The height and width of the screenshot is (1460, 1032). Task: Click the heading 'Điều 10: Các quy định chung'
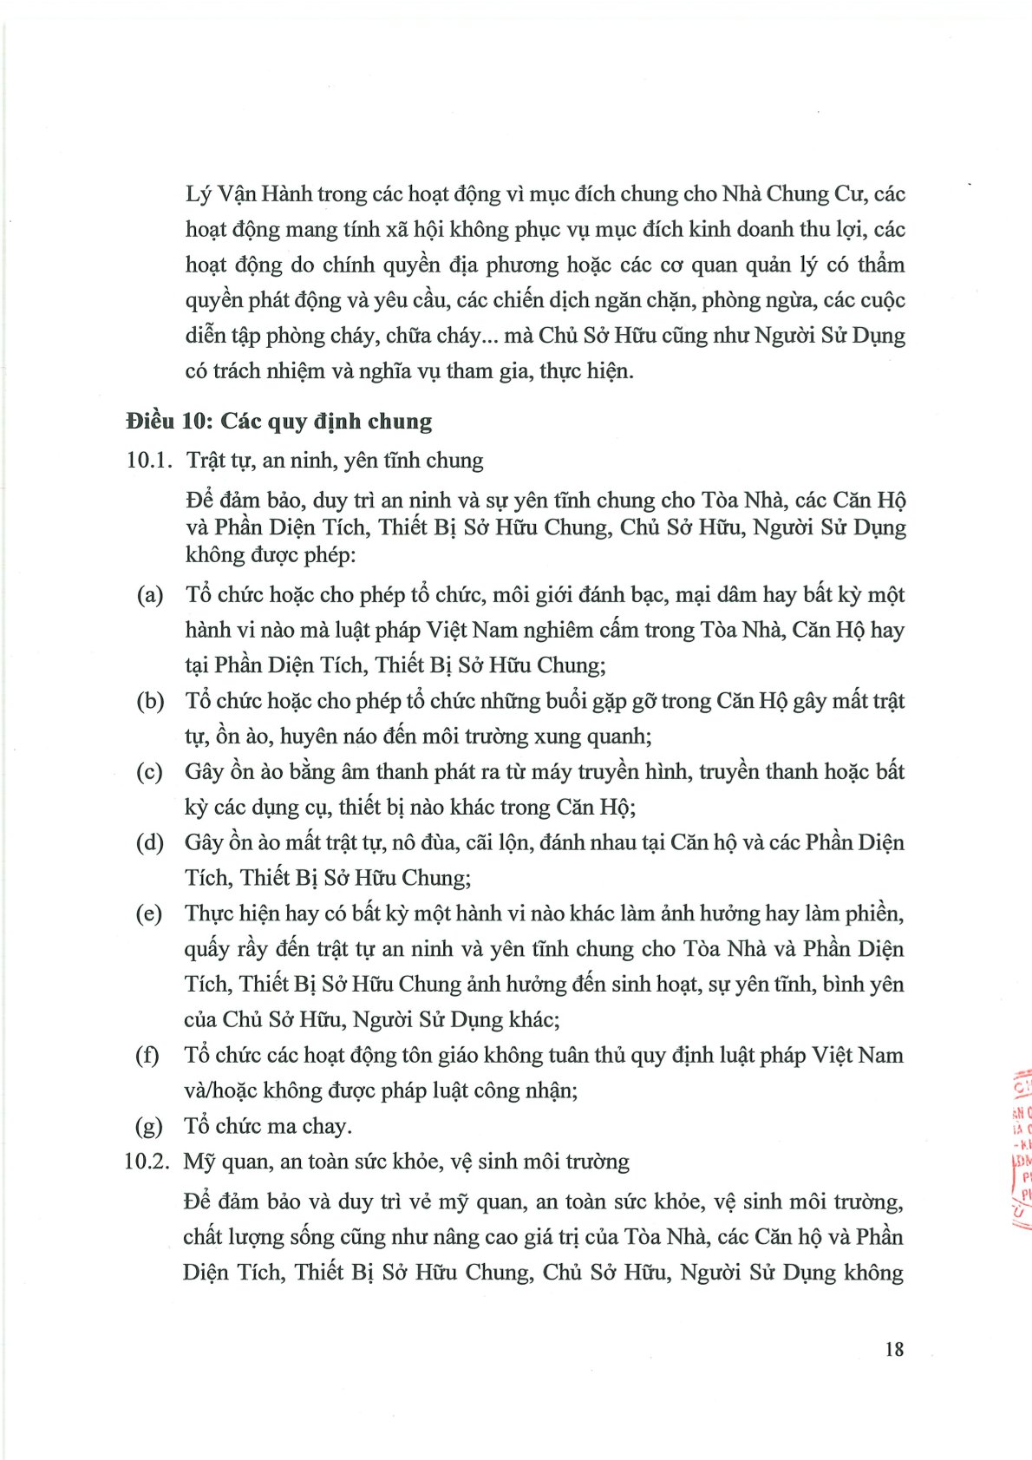point(278,422)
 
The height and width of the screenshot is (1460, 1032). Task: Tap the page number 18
point(894,1349)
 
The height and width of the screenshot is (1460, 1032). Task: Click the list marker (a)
point(150,595)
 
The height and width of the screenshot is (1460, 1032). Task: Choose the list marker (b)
point(150,701)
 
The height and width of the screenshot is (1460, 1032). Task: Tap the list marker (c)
point(150,772)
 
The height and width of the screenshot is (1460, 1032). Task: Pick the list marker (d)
point(150,842)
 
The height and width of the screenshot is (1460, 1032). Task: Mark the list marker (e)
point(149,913)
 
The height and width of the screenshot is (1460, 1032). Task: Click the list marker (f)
point(147,1056)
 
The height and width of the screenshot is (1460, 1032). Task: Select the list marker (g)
point(148,1126)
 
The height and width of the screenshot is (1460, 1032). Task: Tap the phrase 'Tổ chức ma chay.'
point(268,1126)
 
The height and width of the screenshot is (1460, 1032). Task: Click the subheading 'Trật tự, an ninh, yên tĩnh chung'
point(335,461)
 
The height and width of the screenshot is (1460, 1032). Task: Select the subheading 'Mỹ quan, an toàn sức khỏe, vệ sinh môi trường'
point(406,1162)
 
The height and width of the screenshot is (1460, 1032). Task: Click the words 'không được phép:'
point(271,555)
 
